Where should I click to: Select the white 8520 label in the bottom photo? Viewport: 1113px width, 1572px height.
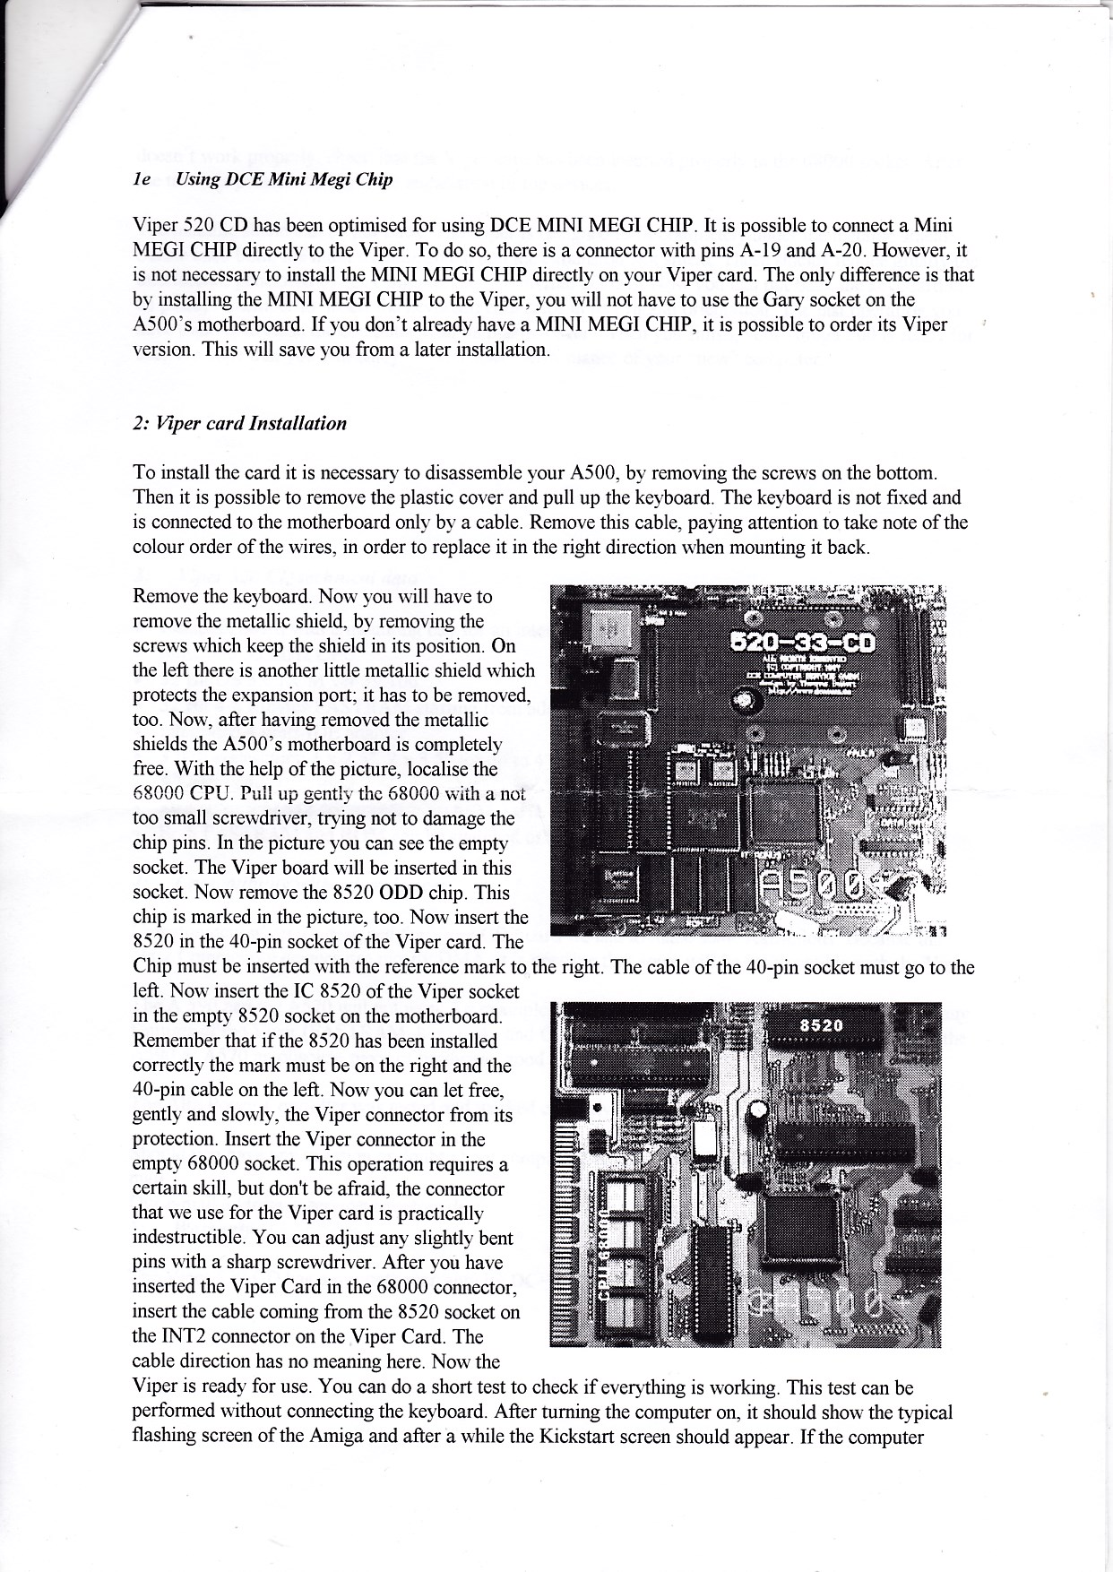[x=821, y=1025]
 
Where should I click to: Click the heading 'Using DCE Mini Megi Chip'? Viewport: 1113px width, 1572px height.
[x=284, y=179]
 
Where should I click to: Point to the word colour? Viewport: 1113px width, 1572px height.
[x=158, y=547]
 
